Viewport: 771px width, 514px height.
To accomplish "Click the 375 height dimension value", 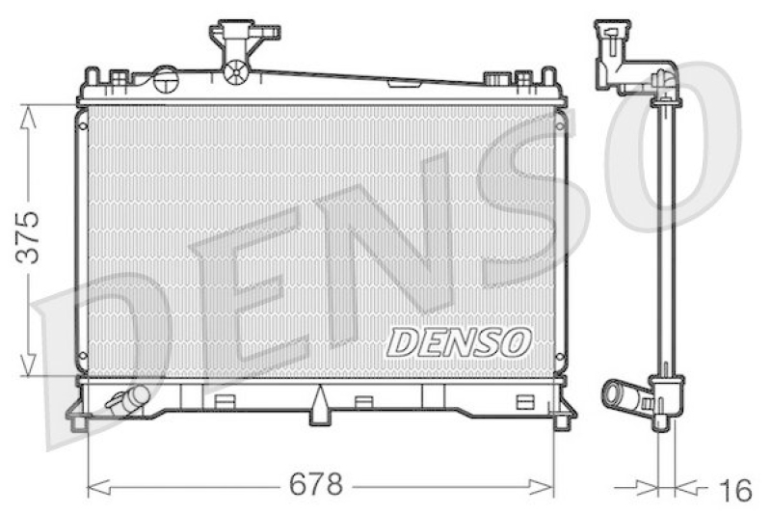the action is (x=28, y=237).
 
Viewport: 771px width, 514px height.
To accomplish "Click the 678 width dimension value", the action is (x=315, y=484).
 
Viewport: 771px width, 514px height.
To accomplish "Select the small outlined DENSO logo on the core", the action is (x=459, y=342).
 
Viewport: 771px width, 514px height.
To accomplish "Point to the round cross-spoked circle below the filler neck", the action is (x=235, y=71).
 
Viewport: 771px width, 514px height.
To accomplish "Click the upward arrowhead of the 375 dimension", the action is (x=28, y=117).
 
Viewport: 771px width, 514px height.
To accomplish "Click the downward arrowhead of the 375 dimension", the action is (x=28, y=365).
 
